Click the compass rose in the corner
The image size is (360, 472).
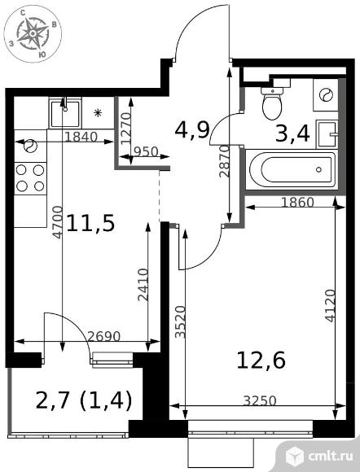point(33,33)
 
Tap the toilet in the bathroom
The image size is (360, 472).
point(272,103)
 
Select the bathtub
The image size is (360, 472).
point(292,169)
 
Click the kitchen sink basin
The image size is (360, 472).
point(65,113)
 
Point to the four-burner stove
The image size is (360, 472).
point(30,178)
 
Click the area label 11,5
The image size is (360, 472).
point(90,223)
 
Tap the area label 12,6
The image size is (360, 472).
point(261,361)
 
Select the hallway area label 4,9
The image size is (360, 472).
point(192,130)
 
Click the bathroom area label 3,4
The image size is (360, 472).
point(292,133)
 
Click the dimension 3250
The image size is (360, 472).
point(260,400)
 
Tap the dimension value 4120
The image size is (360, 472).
point(331,306)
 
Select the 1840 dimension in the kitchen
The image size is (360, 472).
point(81,138)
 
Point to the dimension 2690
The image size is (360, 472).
point(104,336)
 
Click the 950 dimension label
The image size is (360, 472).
point(146,152)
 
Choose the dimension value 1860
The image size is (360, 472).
point(297,203)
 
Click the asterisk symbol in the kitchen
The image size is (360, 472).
point(97,113)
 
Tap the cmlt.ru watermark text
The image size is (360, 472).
point(331,456)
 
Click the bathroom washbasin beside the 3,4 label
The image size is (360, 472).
point(327,133)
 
